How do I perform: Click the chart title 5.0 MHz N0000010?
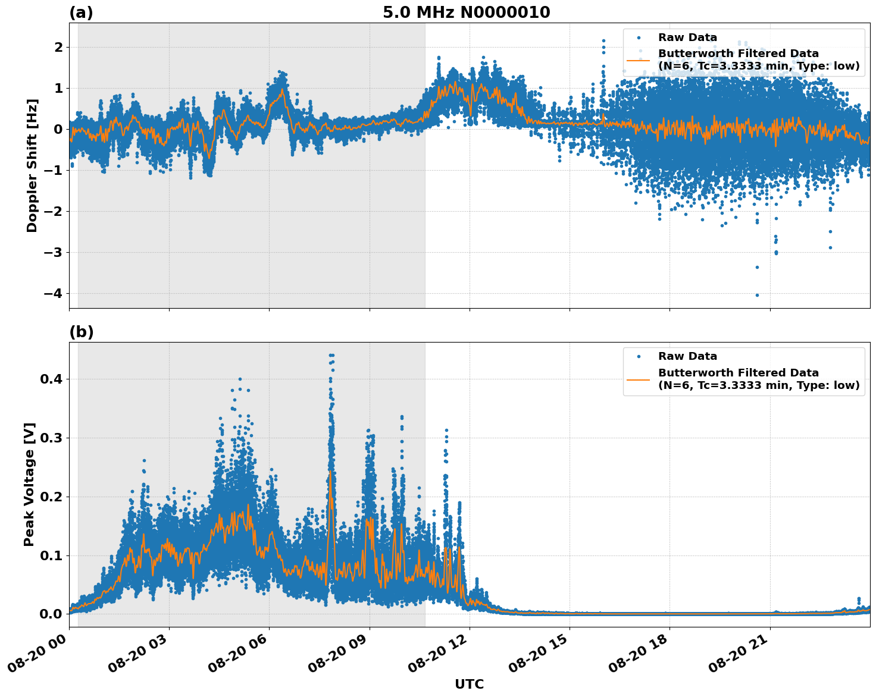[466, 12]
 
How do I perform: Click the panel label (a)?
[81, 12]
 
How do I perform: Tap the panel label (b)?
[81, 332]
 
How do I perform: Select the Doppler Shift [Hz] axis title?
[32, 165]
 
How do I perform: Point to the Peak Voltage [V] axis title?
[30, 484]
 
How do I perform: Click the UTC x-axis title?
[469, 684]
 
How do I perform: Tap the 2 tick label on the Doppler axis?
[58, 47]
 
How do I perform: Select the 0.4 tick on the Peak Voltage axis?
[51, 379]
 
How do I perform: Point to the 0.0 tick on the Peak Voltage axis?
[51, 614]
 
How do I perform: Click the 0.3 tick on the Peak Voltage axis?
[51, 438]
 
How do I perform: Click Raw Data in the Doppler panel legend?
[687, 37]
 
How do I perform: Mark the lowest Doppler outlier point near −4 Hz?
[757, 295]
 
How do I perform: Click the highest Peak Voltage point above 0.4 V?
[331, 355]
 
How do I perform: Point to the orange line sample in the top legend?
[638, 60]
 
